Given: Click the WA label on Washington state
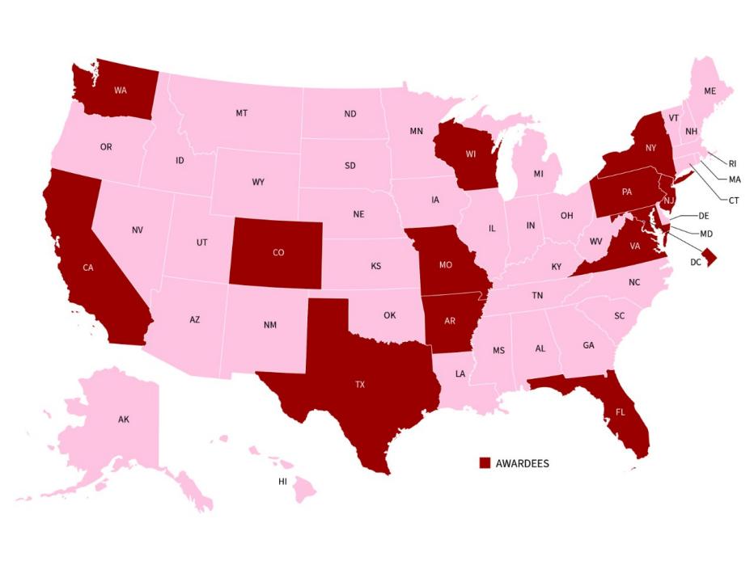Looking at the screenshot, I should coord(120,89).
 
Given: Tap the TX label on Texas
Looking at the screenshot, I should coord(360,384).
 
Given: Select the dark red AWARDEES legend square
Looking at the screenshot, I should coord(485,463).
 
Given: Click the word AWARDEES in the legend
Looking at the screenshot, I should coord(522,463).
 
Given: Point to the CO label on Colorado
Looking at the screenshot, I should coord(278,252).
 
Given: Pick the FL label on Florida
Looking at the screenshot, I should coord(621,411).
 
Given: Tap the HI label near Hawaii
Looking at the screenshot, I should coord(282,481).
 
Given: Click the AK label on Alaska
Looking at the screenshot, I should coord(123,420).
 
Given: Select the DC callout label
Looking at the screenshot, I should coord(696,262).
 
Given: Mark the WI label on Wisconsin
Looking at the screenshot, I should coord(468,154).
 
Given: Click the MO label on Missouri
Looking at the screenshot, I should coord(445,264).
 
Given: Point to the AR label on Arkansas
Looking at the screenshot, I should coord(451,320).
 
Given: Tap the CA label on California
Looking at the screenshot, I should coord(88,267).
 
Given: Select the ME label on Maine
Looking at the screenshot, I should coord(710,91).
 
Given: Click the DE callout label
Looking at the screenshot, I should coord(703,216).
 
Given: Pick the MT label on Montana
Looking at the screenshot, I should coord(241,113).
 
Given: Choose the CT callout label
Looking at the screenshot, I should coord(734,200).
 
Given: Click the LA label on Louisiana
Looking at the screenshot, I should coord(460,373).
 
